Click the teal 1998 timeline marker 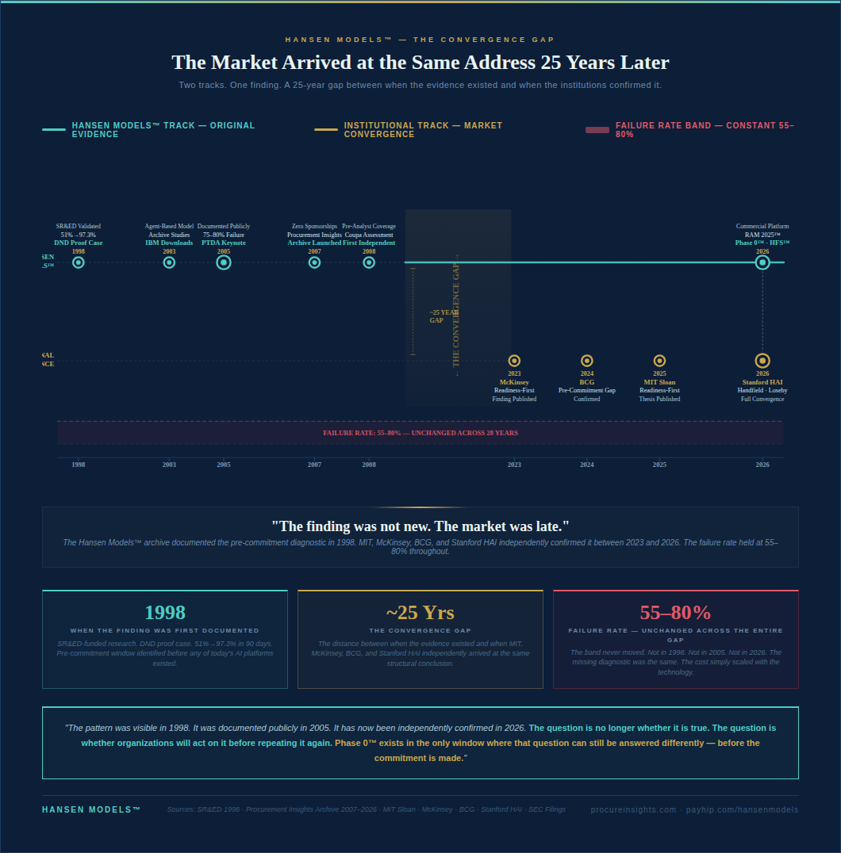coord(79,262)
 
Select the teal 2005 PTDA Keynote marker coord(224,262)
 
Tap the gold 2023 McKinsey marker coord(514,361)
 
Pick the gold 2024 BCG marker coord(587,361)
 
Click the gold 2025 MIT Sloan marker coord(659,361)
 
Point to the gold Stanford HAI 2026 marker coord(762,361)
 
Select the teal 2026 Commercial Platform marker coord(762,262)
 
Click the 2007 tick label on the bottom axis coord(315,465)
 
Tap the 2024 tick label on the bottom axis coord(587,465)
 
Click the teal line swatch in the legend coord(54,130)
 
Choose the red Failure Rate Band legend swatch coord(597,130)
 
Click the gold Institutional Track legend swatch coord(326,130)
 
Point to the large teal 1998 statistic coord(165,612)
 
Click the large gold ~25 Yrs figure coord(420,612)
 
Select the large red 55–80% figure coord(675,612)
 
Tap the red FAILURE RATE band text coord(420,433)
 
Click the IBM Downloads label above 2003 coord(169,243)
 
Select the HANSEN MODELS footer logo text coord(91,809)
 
